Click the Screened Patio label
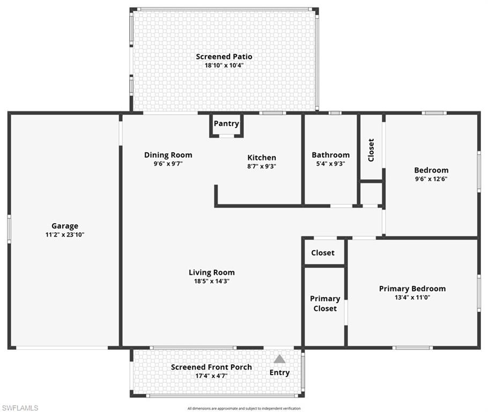click(x=224, y=56)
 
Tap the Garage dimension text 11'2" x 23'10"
click(x=64, y=234)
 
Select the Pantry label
click(x=226, y=123)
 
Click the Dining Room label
click(x=168, y=155)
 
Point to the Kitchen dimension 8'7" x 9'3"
click(x=261, y=166)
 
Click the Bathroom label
click(x=330, y=155)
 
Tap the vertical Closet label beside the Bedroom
click(x=371, y=150)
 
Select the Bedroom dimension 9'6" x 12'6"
click(x=431, y=179)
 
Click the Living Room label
click(x=211, y=272)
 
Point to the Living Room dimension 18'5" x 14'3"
click(x=211, y=281)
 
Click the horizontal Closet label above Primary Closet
click(x=323, y=253)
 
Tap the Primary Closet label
click(x=325, y=303)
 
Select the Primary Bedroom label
click(x=412, y=288)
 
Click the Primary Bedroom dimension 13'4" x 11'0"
click(x=412, y=297)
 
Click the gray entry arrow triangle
click(x=279, y=359)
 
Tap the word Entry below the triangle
click(x=279, y=372)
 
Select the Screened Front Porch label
click(x=211, y=367)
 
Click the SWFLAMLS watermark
click(x=20, y=408)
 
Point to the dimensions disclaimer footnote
click(x=244, y=408)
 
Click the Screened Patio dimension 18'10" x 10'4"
click(x=224, y=65)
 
